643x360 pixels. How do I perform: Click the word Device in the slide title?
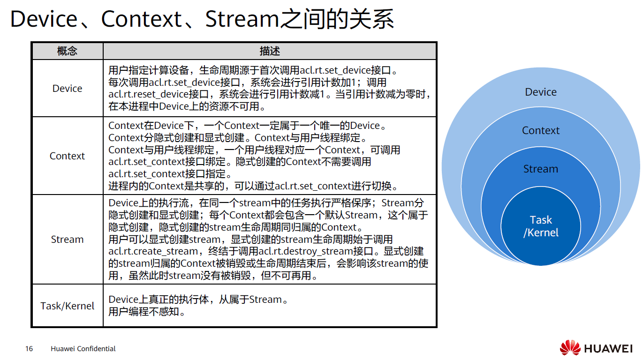click(44, 19)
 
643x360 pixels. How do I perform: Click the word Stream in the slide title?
click(242, 19)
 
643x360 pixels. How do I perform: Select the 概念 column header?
click(67, 51)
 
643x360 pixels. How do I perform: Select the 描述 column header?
click(270, 51)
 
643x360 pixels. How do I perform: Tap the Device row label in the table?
click(67, 88)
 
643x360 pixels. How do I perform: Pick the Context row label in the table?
click(67, 156)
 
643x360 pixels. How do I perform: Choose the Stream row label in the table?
click(67, 239)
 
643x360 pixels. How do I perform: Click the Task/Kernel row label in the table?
click(67, 306)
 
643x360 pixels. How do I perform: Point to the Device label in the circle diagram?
click(541, 92)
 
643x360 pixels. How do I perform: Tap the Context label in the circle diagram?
click(541, 130)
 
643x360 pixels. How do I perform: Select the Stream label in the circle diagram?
click(541, 169)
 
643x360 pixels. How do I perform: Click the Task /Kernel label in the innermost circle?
click(541, 226)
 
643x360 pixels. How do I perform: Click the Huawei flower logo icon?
click(570, 348)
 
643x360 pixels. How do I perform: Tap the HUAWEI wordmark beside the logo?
click(608, 349)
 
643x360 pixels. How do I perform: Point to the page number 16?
click(29, 349)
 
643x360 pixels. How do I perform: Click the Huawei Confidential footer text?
click(83, 349)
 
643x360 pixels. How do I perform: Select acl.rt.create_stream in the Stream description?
click(153, 251)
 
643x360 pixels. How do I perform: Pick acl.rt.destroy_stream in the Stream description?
click(306, 251)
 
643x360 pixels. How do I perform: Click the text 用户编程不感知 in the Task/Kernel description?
click(144, 312)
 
